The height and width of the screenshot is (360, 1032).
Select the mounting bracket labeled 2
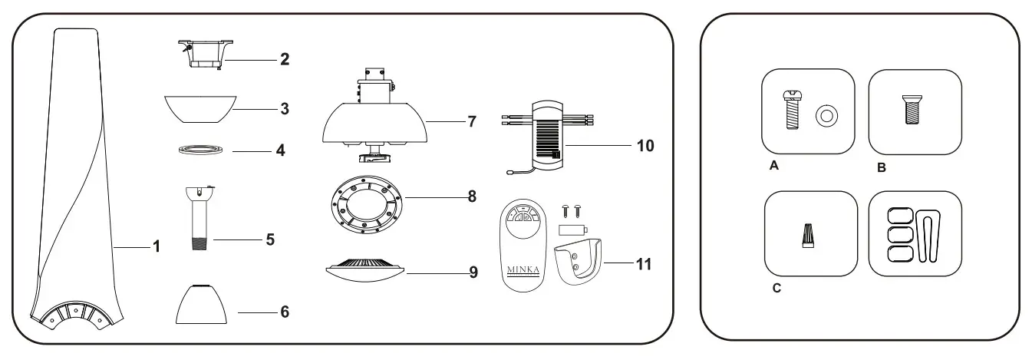203,54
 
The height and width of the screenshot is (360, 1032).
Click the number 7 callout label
472,121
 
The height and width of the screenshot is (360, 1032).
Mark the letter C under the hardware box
776,289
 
